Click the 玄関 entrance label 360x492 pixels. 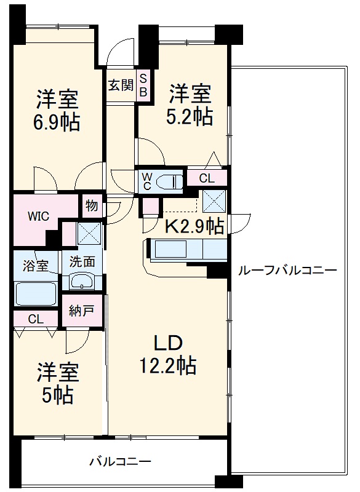[x=121, y=85]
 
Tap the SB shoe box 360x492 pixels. [x=142, y=85]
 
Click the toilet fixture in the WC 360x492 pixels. [x=169, y=181]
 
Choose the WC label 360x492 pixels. [x=147, y=181]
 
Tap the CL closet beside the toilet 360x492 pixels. [x=207, y=179]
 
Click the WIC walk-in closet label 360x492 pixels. [x=38, y=216]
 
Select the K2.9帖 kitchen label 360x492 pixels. [x=193, y=226]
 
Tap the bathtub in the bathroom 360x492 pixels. [x=36, y=293]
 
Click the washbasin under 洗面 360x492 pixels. [x=81, y=281]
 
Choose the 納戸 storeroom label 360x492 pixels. [x=81, y=311]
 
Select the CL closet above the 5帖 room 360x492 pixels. [x=36, y=319]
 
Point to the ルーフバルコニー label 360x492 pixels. [x=287, y=270]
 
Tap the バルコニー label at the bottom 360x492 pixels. [x=120, y=461]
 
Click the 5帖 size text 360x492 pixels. [x=57, y=394]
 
